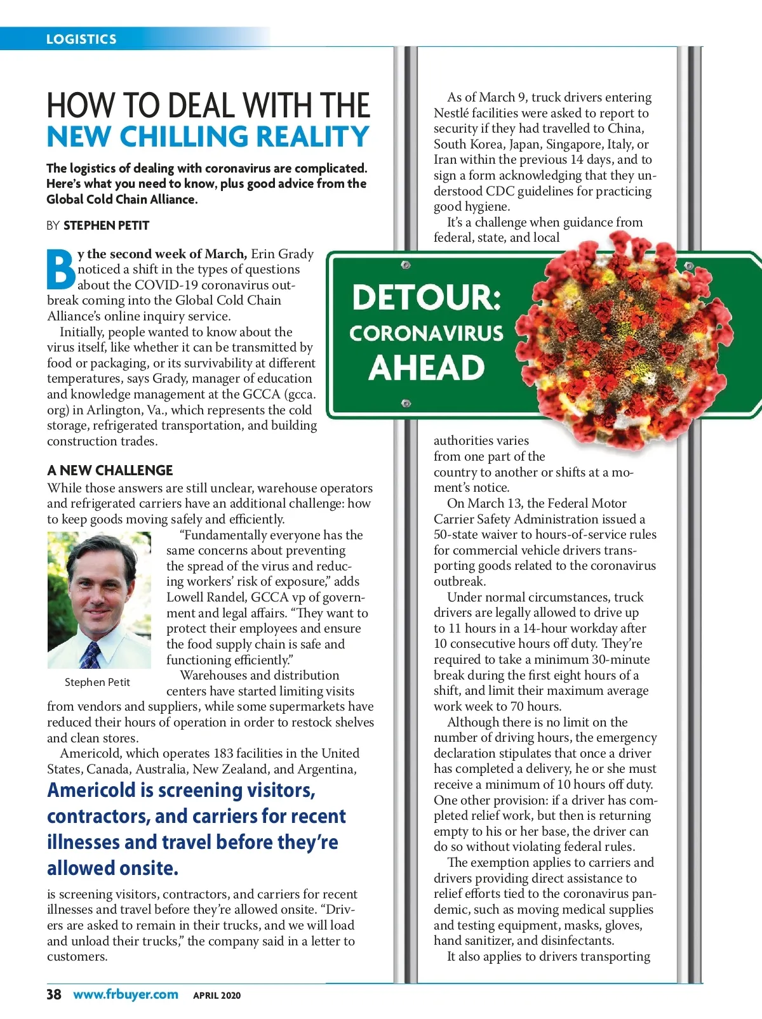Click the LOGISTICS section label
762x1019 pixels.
pos(81,39)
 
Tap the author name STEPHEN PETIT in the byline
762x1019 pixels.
pos(106,225)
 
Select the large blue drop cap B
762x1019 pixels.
pos(61,270)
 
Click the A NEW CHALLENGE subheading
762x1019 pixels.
pos(110,470)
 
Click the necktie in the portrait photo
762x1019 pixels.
pos(91,654)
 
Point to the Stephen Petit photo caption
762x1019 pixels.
pos(97,682)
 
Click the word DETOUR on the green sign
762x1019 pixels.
pos(426,297)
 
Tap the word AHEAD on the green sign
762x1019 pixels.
pos(427,368)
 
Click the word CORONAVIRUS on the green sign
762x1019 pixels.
pos(426,333)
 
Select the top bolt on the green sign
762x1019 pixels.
pos(406,265)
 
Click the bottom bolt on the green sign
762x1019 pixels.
pos(406,403)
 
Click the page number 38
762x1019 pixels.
pos(54,994)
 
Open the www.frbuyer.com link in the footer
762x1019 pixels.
pos(126,994)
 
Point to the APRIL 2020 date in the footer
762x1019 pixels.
pos(217,996)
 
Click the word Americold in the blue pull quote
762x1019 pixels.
pos(91,790)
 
